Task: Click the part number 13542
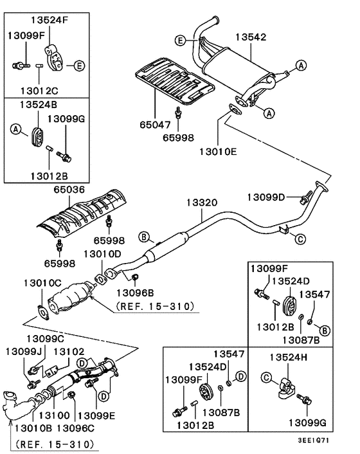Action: coord(249,38)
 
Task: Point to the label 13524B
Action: coord(38,104)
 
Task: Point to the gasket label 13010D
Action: coord(102,254)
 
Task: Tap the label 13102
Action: coord(67,351)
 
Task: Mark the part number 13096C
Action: coord(76,427)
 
